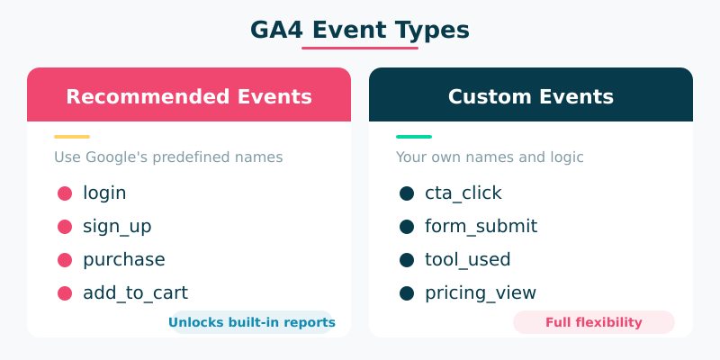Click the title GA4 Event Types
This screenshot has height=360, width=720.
coord(360,30)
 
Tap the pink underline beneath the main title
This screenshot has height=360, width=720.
coord(360,48)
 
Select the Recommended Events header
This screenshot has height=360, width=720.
coord(189,96)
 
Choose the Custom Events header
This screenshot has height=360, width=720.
coord(531,96)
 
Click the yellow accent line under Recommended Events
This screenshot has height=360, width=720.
coord(72,137)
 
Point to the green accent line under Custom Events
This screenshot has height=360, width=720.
coord(414,137)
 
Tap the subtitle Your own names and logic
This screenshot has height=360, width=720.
coord(490,157)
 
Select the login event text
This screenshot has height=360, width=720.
coord(104,193)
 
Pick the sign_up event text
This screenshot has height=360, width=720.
coord(117,226)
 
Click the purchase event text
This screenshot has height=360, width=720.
coord(124,259)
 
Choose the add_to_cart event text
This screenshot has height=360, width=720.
coord(135,292)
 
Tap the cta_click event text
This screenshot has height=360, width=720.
coord(463,193)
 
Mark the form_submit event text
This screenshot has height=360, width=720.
coord(481,226)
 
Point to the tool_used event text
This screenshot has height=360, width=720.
coord(468,259)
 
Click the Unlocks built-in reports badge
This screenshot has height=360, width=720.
coord(251,322)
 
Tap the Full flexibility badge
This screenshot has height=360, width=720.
coord(594,322)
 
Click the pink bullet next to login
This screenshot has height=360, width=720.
coord(65,193)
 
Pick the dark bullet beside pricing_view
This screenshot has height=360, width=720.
coord(407,292)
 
